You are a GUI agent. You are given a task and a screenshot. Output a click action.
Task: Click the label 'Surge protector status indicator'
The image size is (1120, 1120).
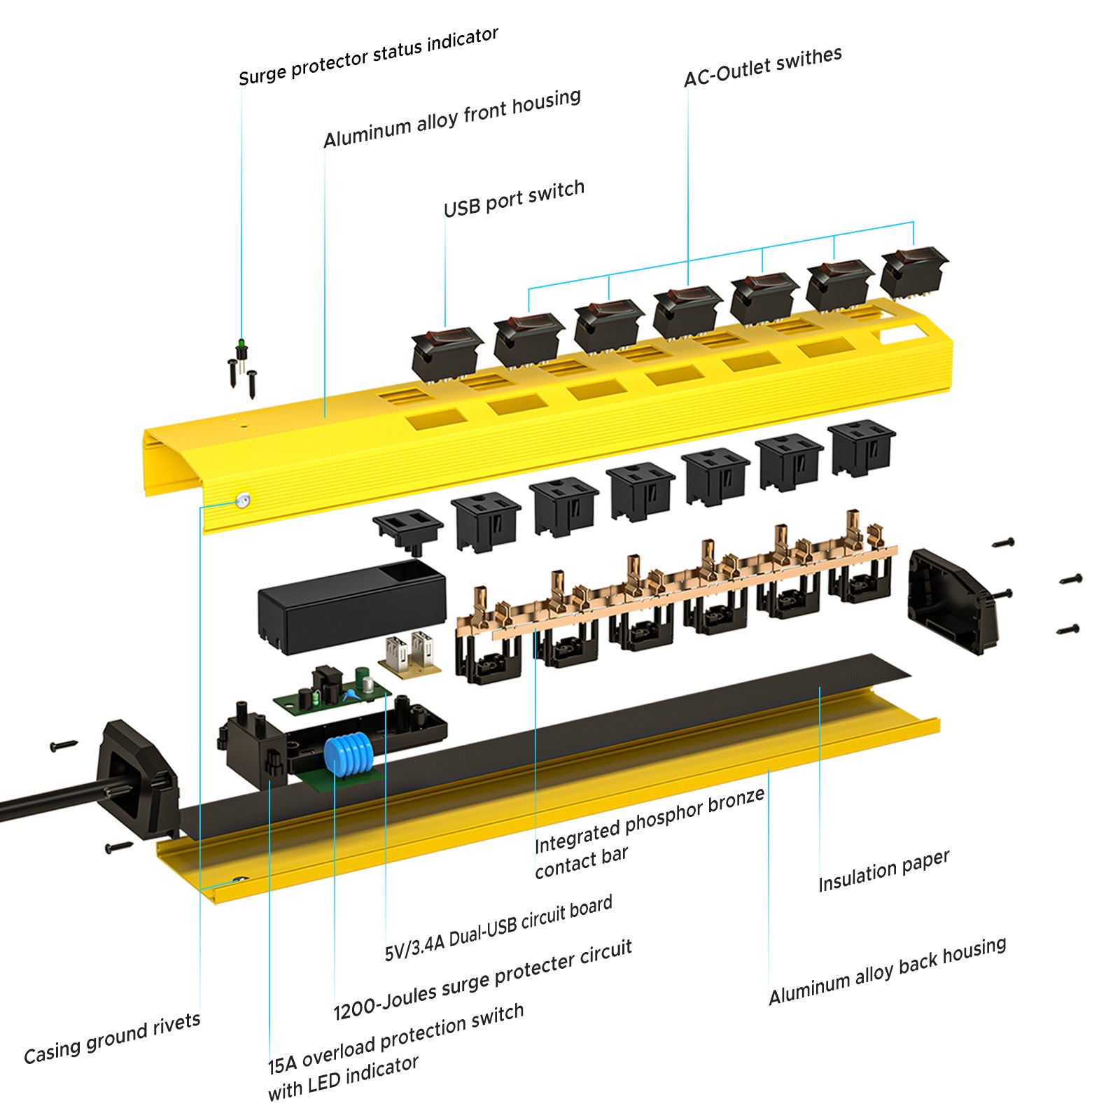tap(368, 56)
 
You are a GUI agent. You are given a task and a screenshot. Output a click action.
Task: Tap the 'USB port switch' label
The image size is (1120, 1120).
tap(514, 198)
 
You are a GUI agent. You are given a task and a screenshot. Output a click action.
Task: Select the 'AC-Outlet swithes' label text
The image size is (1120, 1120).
tap(762, 66)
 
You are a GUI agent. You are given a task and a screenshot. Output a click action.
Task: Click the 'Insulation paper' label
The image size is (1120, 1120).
tap(883, 870)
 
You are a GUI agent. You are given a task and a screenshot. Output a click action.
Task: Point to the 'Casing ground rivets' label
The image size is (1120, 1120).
tap(112, 1038)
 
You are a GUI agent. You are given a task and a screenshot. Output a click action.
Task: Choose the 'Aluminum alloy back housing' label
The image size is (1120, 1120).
tap(887, 970)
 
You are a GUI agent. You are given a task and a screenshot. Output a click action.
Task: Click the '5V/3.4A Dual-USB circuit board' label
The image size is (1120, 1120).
tap(498, 927)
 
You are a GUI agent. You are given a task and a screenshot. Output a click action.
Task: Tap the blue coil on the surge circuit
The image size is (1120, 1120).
tap(348, 755)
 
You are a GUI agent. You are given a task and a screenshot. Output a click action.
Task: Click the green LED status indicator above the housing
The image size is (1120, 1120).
tap(241, 345)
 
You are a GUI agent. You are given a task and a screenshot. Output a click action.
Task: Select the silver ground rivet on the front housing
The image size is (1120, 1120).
tap(243, 500)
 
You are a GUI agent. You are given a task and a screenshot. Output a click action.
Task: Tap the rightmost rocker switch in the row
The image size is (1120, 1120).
tap(913, 270)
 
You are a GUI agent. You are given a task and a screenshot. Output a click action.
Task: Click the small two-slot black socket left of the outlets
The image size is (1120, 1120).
tap(407, 526)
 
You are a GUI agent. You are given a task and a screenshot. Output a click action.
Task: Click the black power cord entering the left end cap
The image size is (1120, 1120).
tap(49, 801)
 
